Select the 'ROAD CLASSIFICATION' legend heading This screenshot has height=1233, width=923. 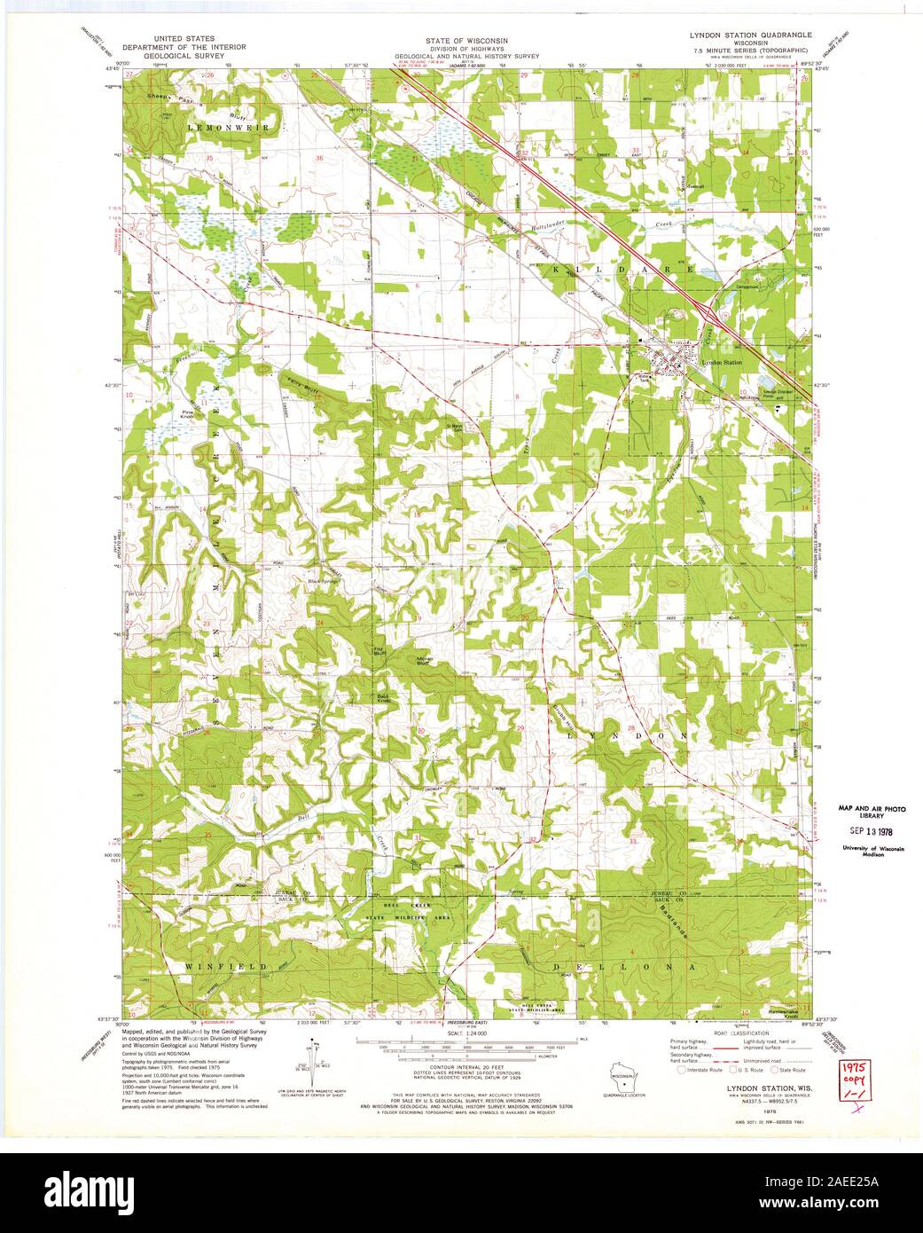pyautogui.click(x=730, y=1033)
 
